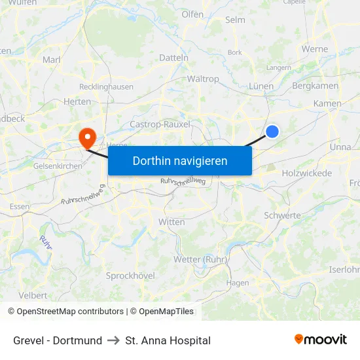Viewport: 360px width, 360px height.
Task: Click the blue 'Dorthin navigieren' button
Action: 180,160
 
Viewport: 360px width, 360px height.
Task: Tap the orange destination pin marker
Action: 86,137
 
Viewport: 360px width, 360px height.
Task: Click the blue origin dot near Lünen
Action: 272,132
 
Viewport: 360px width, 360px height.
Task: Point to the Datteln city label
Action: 173,58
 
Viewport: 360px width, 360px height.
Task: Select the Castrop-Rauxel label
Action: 160,124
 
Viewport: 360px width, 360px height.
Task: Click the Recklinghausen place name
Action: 106,86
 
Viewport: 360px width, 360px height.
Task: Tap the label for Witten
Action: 171,222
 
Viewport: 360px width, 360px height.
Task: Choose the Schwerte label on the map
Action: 282,215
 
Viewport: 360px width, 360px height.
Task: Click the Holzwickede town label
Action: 307,173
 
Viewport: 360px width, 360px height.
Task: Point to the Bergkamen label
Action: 315,86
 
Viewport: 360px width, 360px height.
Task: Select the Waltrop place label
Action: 203,79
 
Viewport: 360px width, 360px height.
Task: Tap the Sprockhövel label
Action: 130,276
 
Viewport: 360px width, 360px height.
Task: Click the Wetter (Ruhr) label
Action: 200,259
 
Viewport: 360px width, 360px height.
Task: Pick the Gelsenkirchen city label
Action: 58,166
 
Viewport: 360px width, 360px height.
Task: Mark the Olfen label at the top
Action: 192,14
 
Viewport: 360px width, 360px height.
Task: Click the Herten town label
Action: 77,101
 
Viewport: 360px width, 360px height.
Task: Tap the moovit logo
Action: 321,339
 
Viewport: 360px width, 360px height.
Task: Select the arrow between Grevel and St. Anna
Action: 113,340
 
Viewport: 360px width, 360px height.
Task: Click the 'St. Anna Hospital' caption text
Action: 168,340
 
